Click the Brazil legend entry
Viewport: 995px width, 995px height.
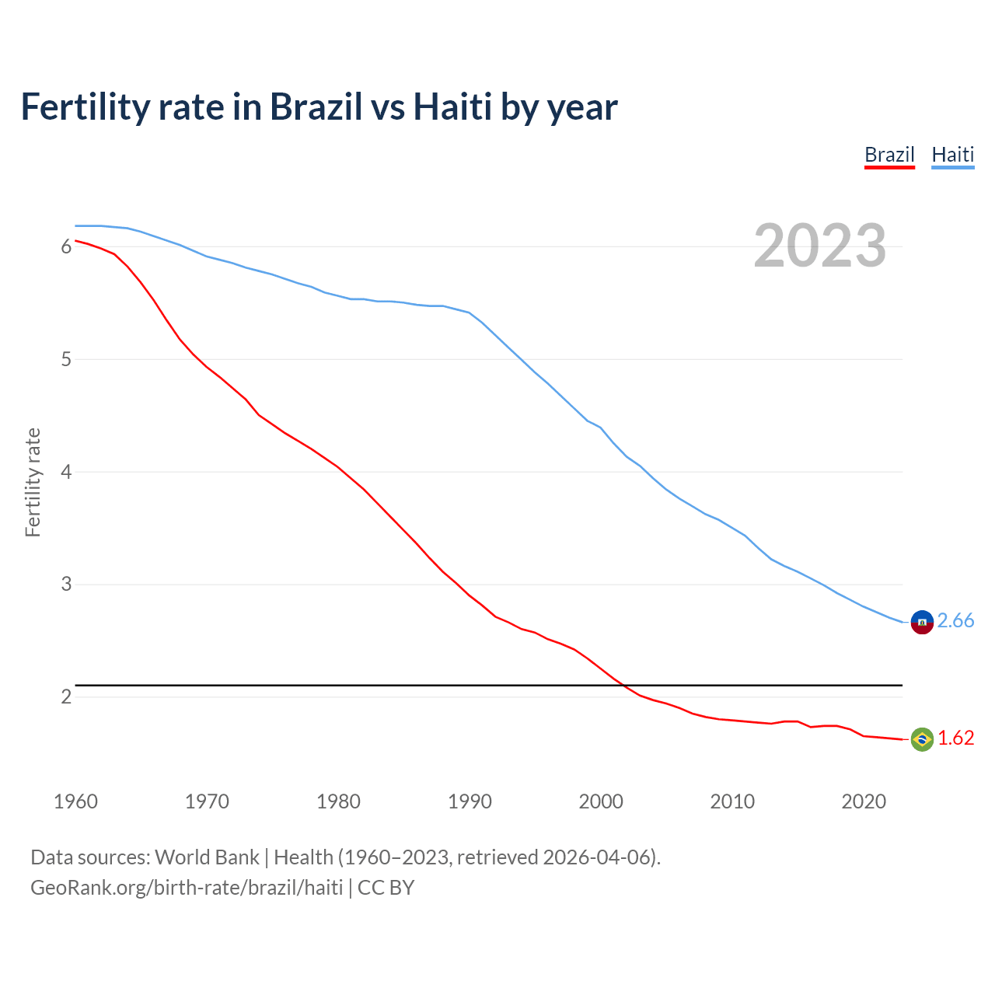pyautogui.click(x=889, y=155)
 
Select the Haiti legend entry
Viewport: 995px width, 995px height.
pyautogui.click(x=952, y=155)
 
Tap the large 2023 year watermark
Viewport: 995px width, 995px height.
pyautogui.click(x=819, y=246)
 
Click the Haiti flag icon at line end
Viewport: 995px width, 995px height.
pyautogui.click(x=922, y=622)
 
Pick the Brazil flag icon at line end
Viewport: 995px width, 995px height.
pyautogui.click(x=922, y=739)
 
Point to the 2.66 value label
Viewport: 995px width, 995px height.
pyautogui.click(x=955, y=620)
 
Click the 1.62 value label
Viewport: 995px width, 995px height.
pyautogui.click(x=955, y=738)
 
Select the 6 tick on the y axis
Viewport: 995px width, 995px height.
pyautogui.click(x=66, y=246)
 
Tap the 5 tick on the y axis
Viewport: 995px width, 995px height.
pyautogui.click(x=66, y=359)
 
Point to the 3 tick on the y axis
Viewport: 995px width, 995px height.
pyautogui.click(x=66, y=585)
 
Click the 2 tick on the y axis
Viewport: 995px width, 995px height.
pyautogui.click(x=66, y=696)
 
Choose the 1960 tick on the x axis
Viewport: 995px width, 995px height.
pyautogui.click(x=75, y=801)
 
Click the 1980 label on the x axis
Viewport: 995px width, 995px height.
pyautogui.click(x=338, y=801)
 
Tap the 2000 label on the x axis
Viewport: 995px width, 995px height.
pyautogui.click(x=601, y=801)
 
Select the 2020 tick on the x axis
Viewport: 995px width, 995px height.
pyautogui.click(x=864, y=801)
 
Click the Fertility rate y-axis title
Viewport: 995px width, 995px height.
pyautogui.click(x=33, y=482)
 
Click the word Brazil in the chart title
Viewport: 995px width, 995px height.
pyautogui.click(x=316, y=106)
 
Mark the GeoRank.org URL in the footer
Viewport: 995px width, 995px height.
pyautogui.click(x=187, y=887)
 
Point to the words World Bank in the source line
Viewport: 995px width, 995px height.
pyautogui.click(x=207, y=857)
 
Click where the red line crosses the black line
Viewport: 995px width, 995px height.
pyautogui.click(x=623, y=686)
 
